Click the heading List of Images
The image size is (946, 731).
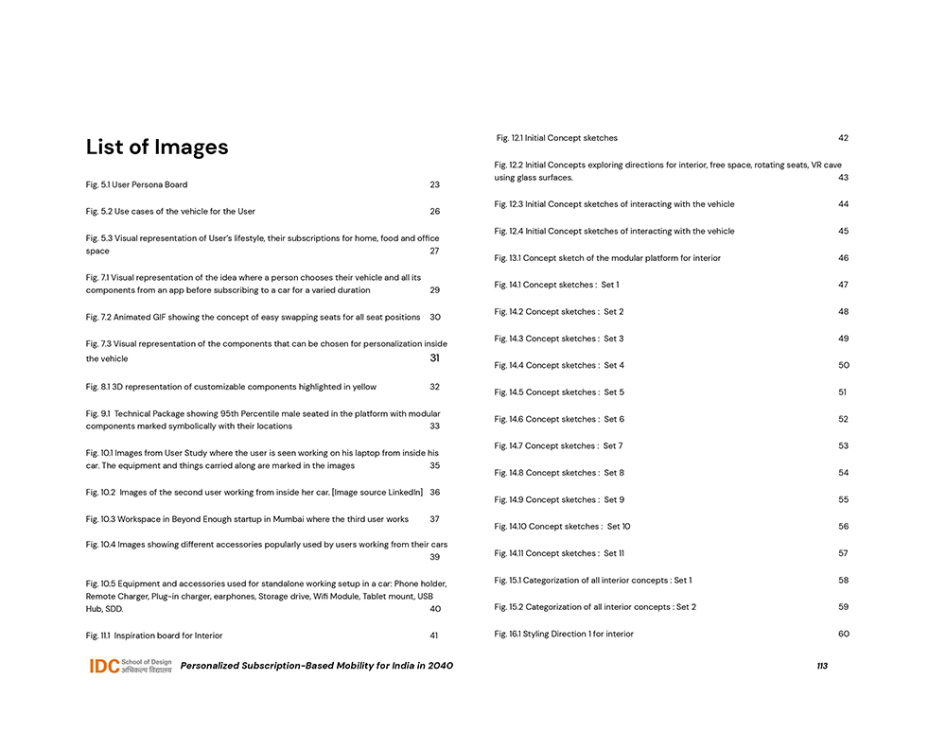point(157,148)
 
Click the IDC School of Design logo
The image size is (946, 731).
point(131,666)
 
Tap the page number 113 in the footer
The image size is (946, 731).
point(822,666)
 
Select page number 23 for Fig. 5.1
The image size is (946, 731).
point(434,184)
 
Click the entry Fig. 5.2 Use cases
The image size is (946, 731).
point(170,211)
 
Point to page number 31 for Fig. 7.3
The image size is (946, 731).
point(434,358)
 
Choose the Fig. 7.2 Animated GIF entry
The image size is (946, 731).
point(253,317)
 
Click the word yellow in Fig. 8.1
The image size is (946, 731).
point(364,387)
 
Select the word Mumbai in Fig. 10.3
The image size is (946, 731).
point(290,519)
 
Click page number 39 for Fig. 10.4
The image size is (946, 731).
point(434,557)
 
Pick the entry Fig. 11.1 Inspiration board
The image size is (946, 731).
point(154,635)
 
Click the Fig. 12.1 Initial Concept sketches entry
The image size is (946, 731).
point(557,138)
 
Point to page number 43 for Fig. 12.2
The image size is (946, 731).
point(843,178)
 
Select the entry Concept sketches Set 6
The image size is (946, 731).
point(559,419)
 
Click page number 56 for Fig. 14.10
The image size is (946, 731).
point(843,527)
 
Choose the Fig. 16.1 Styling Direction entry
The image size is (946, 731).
point(564,634)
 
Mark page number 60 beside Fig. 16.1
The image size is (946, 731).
point(843,634)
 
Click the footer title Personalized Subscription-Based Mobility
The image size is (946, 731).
point(317,666)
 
